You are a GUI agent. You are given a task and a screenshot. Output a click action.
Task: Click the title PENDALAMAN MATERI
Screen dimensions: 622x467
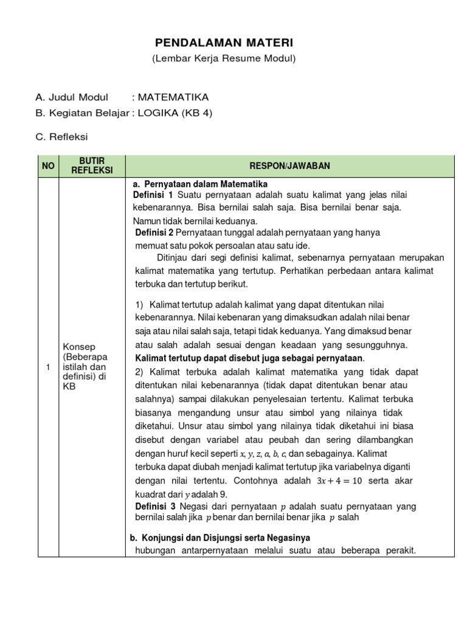[223, 43]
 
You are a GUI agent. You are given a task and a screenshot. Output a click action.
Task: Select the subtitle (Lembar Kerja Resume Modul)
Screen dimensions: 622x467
[223, 58]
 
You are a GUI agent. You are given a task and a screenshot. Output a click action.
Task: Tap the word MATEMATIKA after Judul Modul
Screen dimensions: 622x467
[173, 97]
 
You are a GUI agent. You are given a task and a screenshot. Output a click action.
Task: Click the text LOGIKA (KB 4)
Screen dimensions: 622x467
[175, 113]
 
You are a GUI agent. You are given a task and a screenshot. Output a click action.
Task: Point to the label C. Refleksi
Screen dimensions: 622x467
[61, 137]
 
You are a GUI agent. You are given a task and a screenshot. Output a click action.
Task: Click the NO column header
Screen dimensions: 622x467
[48, 166]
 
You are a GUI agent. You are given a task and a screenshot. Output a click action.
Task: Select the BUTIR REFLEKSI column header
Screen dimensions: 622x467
[92, 166]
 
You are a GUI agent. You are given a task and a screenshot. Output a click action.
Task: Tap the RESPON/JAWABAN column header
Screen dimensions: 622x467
[289, 166]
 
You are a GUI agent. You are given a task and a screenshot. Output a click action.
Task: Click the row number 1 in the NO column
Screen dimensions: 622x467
[48, 367]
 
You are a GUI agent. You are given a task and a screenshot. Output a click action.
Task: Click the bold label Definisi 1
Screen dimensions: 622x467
[154, 194]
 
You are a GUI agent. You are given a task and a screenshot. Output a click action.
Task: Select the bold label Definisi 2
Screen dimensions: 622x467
[155, 233]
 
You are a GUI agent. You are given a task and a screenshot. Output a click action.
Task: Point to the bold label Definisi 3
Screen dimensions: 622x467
[154, 507]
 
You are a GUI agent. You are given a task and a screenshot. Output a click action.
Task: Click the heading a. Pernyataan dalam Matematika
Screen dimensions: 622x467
[200, 184]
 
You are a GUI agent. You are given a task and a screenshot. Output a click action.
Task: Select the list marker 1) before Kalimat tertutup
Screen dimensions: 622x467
[139, 304]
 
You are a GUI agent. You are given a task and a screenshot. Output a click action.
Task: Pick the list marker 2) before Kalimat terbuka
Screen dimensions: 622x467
[139, 371]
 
